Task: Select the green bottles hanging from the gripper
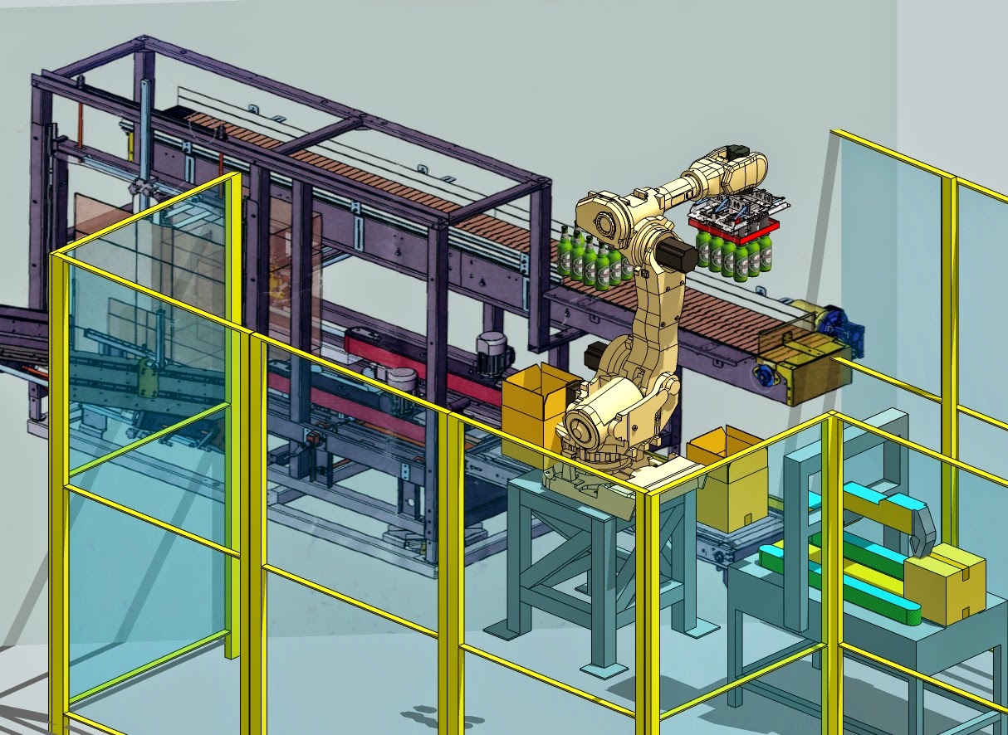735,256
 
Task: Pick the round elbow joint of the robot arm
606,217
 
